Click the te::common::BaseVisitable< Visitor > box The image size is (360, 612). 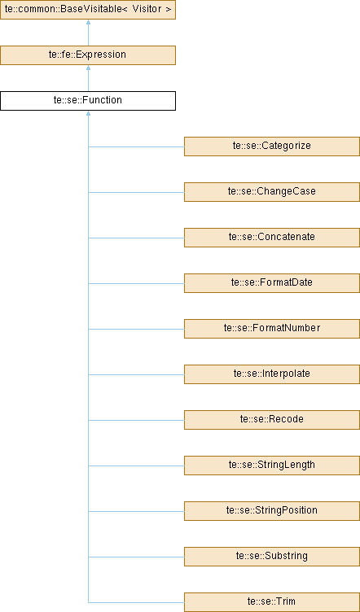88,10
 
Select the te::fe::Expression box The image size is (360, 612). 88,55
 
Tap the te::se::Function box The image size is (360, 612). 88,101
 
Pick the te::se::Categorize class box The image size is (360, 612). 272,146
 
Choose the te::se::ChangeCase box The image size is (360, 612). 272,192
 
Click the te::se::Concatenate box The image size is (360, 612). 272,238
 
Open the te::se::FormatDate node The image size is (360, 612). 272,283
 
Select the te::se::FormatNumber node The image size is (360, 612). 272,329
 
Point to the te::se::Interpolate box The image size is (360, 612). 272,374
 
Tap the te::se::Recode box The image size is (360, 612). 272,420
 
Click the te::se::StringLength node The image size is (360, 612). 272,466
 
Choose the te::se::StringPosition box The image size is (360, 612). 272,511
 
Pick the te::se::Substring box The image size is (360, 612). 272,557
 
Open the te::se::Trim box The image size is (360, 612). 272,602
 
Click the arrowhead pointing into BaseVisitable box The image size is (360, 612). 88,22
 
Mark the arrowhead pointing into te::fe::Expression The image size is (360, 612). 88,68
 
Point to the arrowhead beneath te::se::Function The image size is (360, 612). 88,113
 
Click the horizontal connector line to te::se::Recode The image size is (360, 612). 136,421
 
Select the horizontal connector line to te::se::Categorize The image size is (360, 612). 136,146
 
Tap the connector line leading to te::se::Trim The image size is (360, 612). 136,602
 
